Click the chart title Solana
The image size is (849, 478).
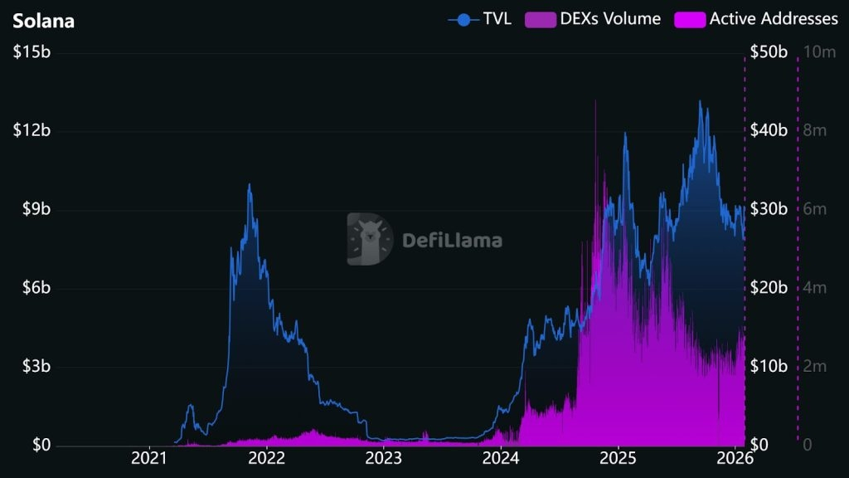point(43,21)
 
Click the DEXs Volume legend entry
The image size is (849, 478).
point(593,19)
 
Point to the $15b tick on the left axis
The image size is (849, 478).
point(32,52)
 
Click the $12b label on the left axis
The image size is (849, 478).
point(32,131)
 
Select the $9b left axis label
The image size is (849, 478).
point(35,210)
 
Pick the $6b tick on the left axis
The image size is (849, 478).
point(35,288)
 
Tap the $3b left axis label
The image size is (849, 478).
point(35,367)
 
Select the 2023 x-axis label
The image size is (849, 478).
point(384,457)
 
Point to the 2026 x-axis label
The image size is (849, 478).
point(735,457)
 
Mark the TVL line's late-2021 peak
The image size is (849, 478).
point(249,185)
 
